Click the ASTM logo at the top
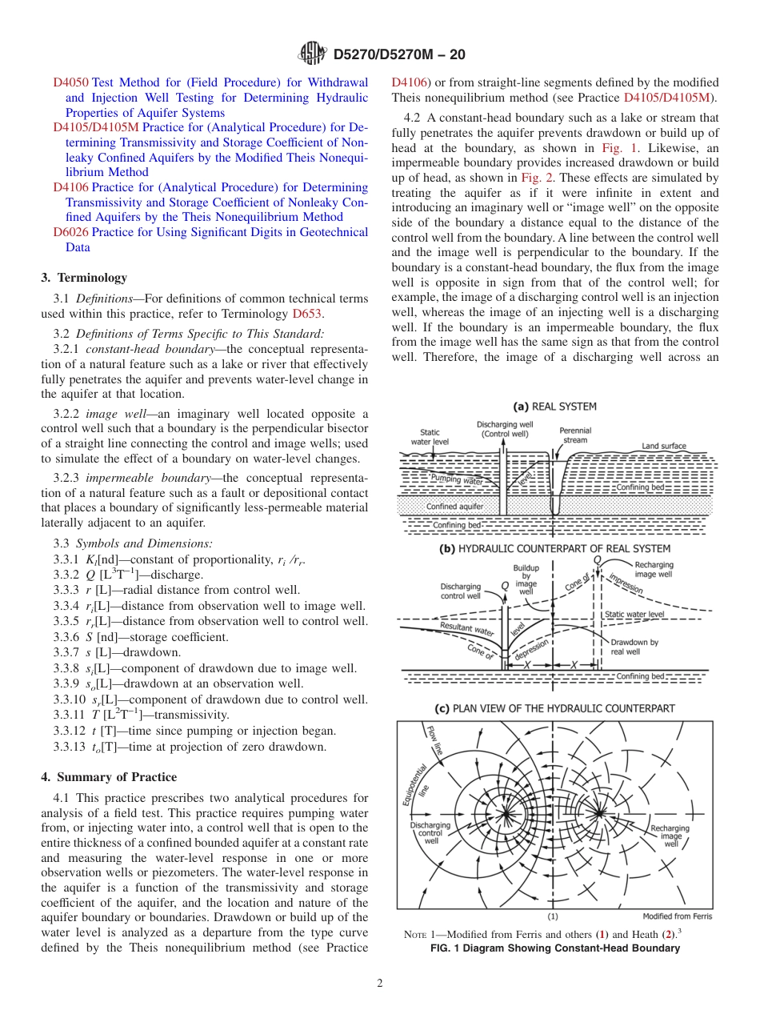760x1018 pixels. pyautogui.click(x=311, y=54)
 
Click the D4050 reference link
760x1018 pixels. pyautogui.click(x=71, y=82)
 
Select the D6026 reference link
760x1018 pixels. pyautogui.click(x=71, y=233)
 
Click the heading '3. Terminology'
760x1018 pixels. pyautogui.click(x=84, y=278)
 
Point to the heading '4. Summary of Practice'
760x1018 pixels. pyautogui.click(x=109, y=777)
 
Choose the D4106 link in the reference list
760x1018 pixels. pyautogui.click(x=71, y=187)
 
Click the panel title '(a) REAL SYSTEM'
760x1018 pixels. pyautogui.click(x=554, y=407)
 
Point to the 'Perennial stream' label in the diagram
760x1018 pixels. pyautogui.click(x=575, y=435)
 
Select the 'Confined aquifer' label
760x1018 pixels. pyautogui.click(x=454, y=507)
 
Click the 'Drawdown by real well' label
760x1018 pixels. pyautogui.click(x=634, y=647)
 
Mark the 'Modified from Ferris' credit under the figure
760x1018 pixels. pyautogui.click(x=677, y=916)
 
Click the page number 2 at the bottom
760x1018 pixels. pyautogui.click(x=380, y=984)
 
